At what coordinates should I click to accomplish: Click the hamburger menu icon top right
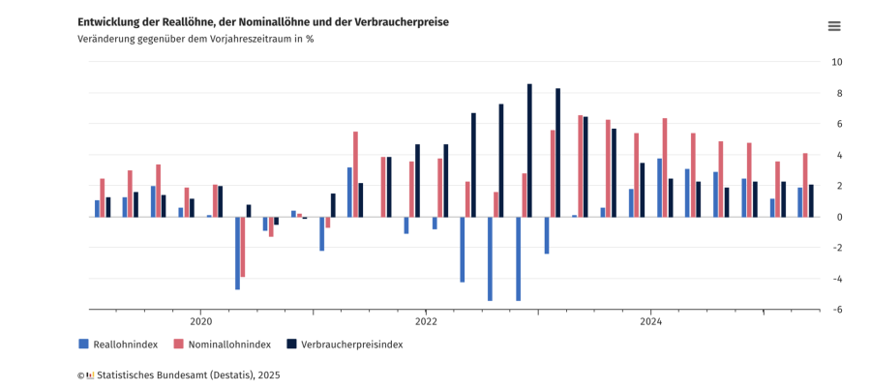tap(834, 26)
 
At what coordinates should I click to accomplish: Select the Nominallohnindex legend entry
tap(229, 344)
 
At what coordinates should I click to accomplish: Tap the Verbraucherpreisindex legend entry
tap(351, 344)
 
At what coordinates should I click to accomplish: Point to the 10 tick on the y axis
tap(837, 62)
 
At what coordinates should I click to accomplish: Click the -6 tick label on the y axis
tap(837, 310)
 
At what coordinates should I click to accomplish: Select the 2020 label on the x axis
tap(201, 321)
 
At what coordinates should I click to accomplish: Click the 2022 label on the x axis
tap(426, 321)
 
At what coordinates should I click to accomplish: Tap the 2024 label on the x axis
tap(650, 321)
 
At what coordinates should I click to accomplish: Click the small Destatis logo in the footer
tap(90, 375)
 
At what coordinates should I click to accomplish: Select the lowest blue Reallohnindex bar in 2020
tap(237, 253)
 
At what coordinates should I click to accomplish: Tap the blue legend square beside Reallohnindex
tap(83, 344)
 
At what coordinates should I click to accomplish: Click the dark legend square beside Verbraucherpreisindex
tap(291, 344)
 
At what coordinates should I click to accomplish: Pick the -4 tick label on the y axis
tap(837, 279)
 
